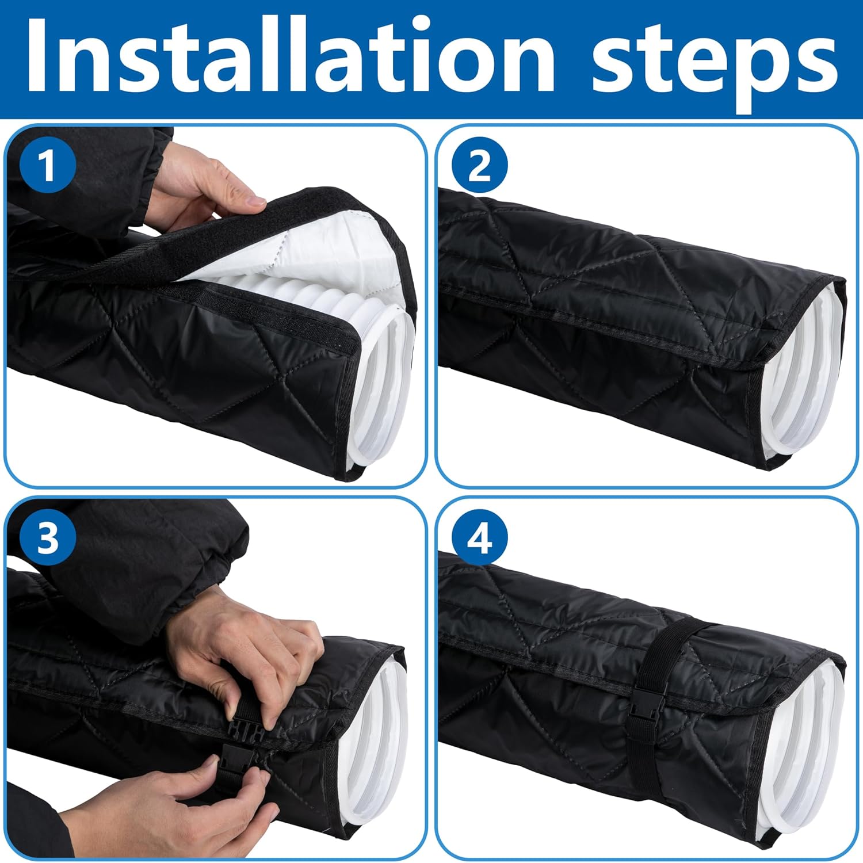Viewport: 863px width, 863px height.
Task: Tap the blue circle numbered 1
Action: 48,166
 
